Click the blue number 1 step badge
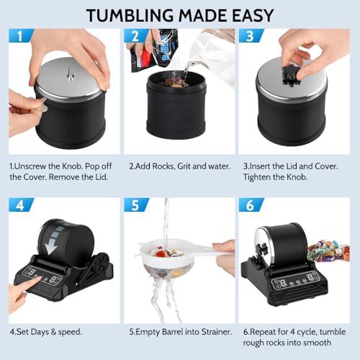click(21, 35)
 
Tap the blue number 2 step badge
click(136, 35)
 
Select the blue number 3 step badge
click(251, 35)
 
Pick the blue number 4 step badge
click(21, 204)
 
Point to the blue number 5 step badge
click(136, 204)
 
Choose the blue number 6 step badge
click(251, 204)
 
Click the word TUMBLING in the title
click(130, 16)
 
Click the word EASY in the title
click(253, 16)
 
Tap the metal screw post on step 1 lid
click(70, 73)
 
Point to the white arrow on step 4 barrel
click(53, 240)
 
